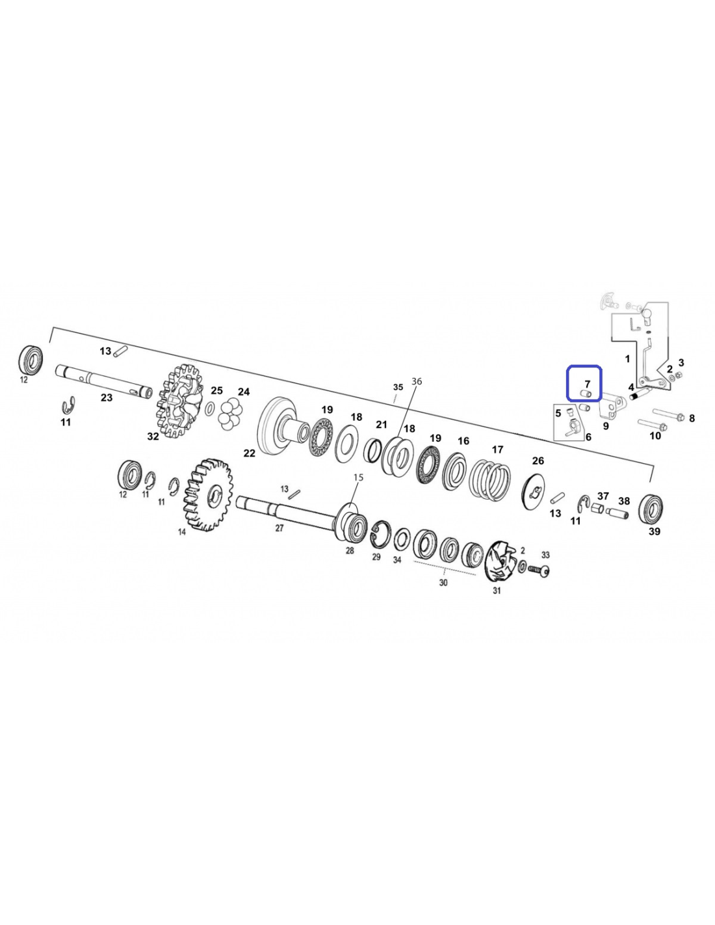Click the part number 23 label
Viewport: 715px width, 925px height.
[x=107, y=397]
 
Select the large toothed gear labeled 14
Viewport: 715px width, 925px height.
[x=207, y=495]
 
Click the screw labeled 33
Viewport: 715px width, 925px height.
[x=539, y=569]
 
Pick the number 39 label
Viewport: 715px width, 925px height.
[x=654, y=531]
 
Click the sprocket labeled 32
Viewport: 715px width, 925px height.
[x=180, y=401]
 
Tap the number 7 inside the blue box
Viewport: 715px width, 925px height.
[x=588, y=384]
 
